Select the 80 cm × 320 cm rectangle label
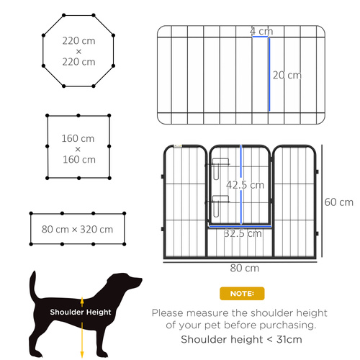pyautogui.click(x=78, y=230)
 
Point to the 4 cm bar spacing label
pyautogui.click(x=261, y=32)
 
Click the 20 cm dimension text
pyautogui.click(x=287, y=75)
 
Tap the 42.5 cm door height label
pyautogui.click(x=245, y=184)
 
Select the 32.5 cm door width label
pyautogui.click(x=242, y=233)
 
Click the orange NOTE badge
pyautogui.click(x=241, y=294)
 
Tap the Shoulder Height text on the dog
pyautogui.click(x=80, y=312)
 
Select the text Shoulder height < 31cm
pyautogui.click(x=241, y=339)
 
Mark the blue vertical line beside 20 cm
pyautogui.click(x=269, y=75)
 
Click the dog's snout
pyautogui.click(x=136, y=283)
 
